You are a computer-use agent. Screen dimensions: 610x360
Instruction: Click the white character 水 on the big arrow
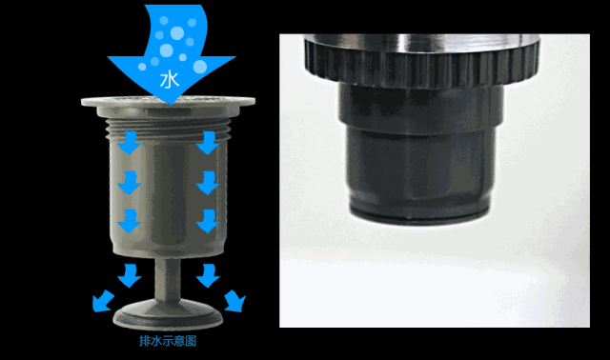(170, 80)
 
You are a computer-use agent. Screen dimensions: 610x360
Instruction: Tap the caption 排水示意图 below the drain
(168, 341)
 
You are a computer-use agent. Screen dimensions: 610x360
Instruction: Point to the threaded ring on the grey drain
(168, 129)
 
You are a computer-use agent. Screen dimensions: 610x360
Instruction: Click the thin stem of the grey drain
(168, 279)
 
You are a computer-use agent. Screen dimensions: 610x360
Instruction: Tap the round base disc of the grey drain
(168, 314)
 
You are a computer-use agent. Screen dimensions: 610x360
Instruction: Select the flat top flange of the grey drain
(168, 102)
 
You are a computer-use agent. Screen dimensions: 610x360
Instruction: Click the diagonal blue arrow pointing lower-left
(102, 301)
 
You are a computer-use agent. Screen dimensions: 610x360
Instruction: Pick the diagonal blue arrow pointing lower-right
(235, 301)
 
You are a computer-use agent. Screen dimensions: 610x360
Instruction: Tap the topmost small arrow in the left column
(130, 143)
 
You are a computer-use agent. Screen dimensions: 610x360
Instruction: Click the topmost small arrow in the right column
(208, 143)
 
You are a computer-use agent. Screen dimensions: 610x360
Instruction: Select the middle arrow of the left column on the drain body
(130, 183)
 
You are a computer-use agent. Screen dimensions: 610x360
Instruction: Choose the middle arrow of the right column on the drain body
(208, 183)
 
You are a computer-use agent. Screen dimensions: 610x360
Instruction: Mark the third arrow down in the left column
(130, 222)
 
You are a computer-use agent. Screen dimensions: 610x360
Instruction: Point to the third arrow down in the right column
(208, 222)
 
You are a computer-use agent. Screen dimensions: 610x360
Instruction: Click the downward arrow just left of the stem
(130, 276)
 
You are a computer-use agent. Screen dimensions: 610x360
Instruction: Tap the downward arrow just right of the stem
(208, 276)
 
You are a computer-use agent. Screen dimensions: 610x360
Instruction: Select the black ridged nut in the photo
(421, 62)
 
